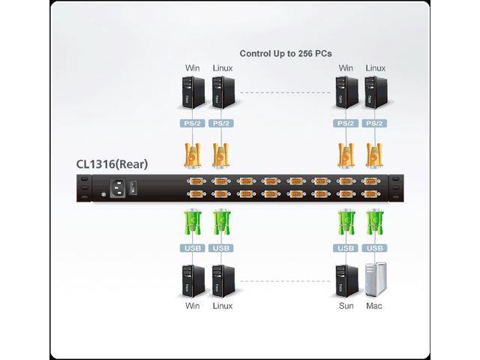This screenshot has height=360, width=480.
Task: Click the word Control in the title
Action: coord(256,53)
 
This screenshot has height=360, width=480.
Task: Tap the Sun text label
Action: coord(346,306)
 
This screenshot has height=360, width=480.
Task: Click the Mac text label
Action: coord(374,306)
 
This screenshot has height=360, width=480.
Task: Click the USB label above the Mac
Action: coord(374,248)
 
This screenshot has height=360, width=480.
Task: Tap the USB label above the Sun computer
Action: coord(346,248)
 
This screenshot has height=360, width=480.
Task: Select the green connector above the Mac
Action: coord(374,223)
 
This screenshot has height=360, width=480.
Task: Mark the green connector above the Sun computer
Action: coord(346,223)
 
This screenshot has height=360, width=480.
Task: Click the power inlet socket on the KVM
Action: coord(118,188)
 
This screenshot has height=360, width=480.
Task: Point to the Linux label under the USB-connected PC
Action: coord(222,306)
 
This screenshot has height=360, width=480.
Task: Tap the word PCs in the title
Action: coord(322,53)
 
